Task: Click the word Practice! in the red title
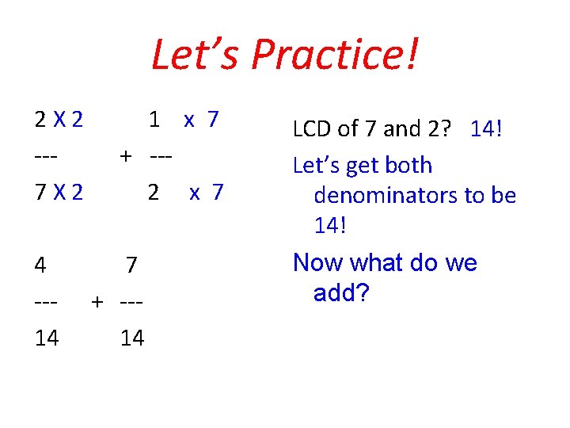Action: [336, 55]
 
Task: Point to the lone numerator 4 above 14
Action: [40, 265]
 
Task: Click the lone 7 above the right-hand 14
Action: [132, 265]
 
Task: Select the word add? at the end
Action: [341, 293]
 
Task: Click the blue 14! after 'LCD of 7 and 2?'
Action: [486, 128]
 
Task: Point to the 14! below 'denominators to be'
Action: [330, 225]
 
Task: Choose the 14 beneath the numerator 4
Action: [47, 338]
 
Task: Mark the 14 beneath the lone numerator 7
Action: [132, 338]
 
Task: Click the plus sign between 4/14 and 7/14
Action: [97, 301]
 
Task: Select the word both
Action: [406, 165]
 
